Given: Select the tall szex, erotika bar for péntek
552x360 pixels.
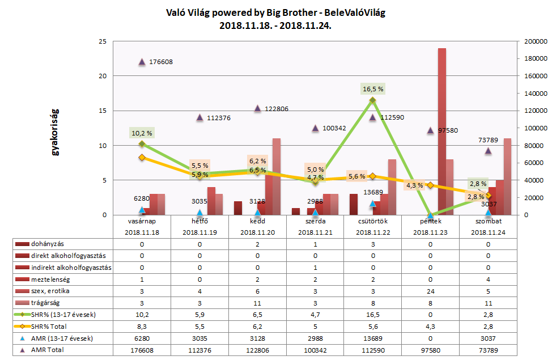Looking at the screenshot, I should [442, 132].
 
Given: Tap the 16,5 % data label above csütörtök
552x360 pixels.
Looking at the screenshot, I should [373, 89].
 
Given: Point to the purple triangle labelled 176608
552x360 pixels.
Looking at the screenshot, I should [142, 62].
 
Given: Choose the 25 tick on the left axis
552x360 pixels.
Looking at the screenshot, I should [102, 41].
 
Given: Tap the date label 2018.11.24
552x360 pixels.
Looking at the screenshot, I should [488, 232].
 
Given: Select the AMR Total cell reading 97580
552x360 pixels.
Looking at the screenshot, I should [430, 350].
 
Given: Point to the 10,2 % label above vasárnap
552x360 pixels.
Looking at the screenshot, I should [142, 134].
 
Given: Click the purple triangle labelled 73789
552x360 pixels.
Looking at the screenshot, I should [488, 151].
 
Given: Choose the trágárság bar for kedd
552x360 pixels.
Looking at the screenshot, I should [277, 176].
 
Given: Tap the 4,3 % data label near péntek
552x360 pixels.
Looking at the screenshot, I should [414, 185].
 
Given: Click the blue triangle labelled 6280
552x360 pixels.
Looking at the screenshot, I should [142, 210].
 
